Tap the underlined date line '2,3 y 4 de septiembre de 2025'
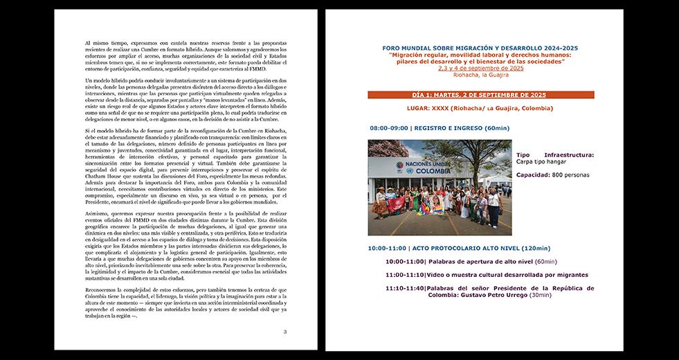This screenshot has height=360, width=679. (x=480, y=68)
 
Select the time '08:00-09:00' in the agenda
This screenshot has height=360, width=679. (x=388, y=129)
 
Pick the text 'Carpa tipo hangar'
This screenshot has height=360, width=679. (x=543, y=161)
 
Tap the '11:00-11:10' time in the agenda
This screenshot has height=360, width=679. (x=406, y=275)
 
